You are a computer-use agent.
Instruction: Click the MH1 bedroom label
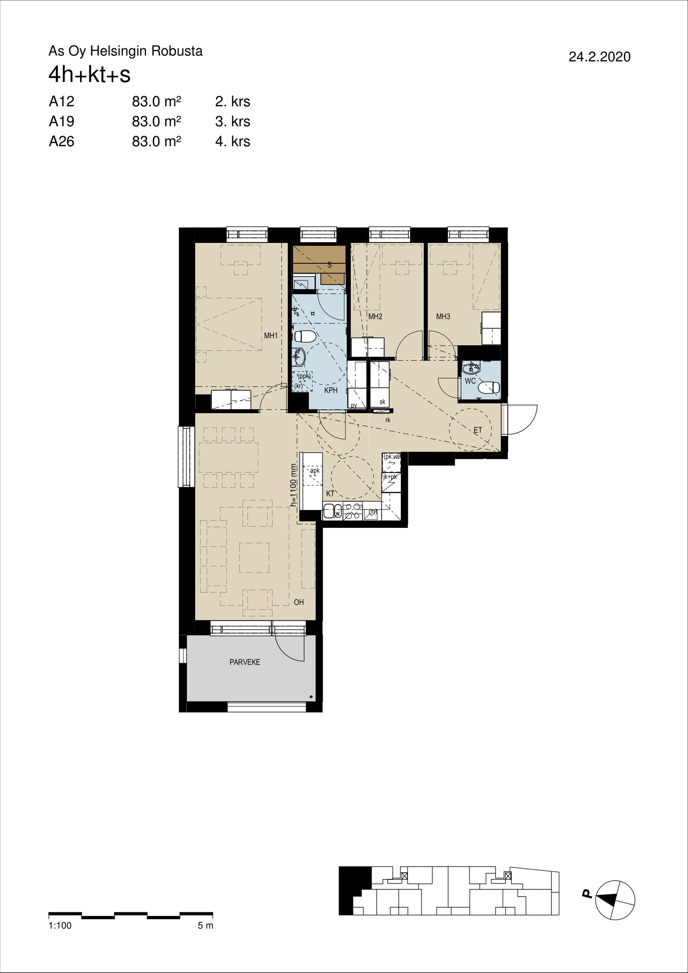click(271, 336)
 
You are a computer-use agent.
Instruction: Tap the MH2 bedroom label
click(375, 317)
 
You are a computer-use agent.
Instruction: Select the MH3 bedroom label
click(443, 317)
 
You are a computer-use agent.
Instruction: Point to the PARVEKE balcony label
click(245, 663)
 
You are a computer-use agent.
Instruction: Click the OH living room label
click(299, 602)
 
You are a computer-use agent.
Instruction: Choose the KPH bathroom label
click(330, 391)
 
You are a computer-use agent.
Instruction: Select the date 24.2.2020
click(599, 57)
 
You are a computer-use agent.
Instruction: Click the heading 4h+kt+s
click(89, 76)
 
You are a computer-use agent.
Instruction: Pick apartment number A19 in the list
click(62, 121)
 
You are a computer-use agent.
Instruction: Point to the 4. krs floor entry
click(233, 141)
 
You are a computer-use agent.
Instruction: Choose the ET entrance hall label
click(478, 430)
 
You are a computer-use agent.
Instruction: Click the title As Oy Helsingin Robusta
click(125, 52)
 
